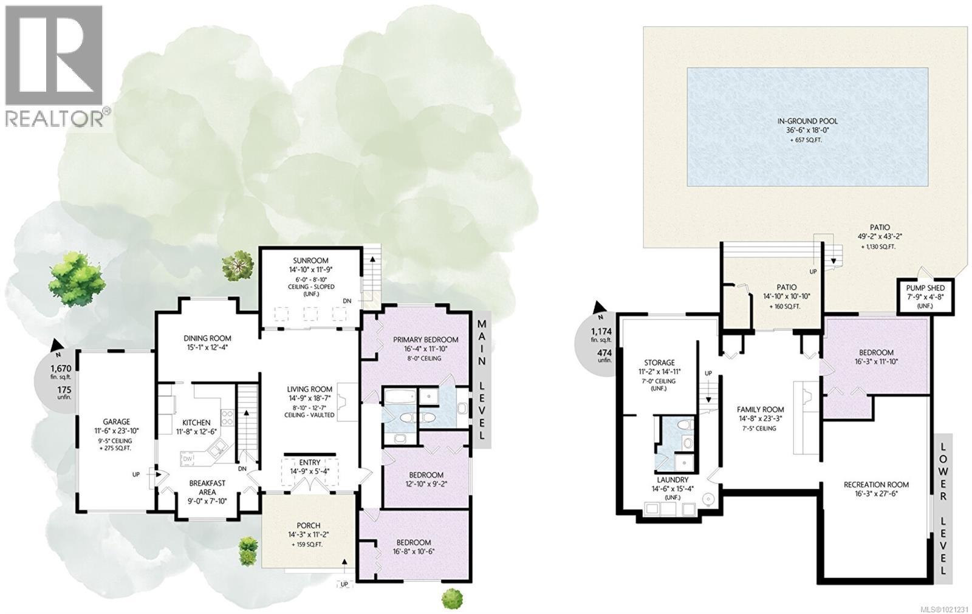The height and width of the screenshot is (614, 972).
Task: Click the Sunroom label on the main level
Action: (311, 260)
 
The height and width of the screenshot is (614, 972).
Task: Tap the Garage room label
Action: (116, 421)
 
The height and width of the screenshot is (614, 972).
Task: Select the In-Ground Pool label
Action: (807, 121)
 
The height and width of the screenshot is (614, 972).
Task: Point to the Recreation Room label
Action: (876, 484)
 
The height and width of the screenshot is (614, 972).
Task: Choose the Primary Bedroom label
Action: (417, 339)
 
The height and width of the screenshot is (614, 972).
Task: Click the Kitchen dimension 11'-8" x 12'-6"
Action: (196, 432)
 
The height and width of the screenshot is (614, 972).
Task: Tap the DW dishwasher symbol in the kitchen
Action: (188, 459)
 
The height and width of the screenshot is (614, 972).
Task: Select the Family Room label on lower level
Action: (760, 409)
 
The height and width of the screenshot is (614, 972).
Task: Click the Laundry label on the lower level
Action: (672, 479)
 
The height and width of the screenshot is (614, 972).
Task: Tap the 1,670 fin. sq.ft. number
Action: (61, 369)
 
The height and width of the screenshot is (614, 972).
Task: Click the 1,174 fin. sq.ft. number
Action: (601, 332)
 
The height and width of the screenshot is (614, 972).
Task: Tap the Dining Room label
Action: (207, 338)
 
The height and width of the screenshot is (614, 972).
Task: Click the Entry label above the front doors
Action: (309, 462)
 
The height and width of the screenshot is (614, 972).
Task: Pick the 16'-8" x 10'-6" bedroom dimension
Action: (414, 553)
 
